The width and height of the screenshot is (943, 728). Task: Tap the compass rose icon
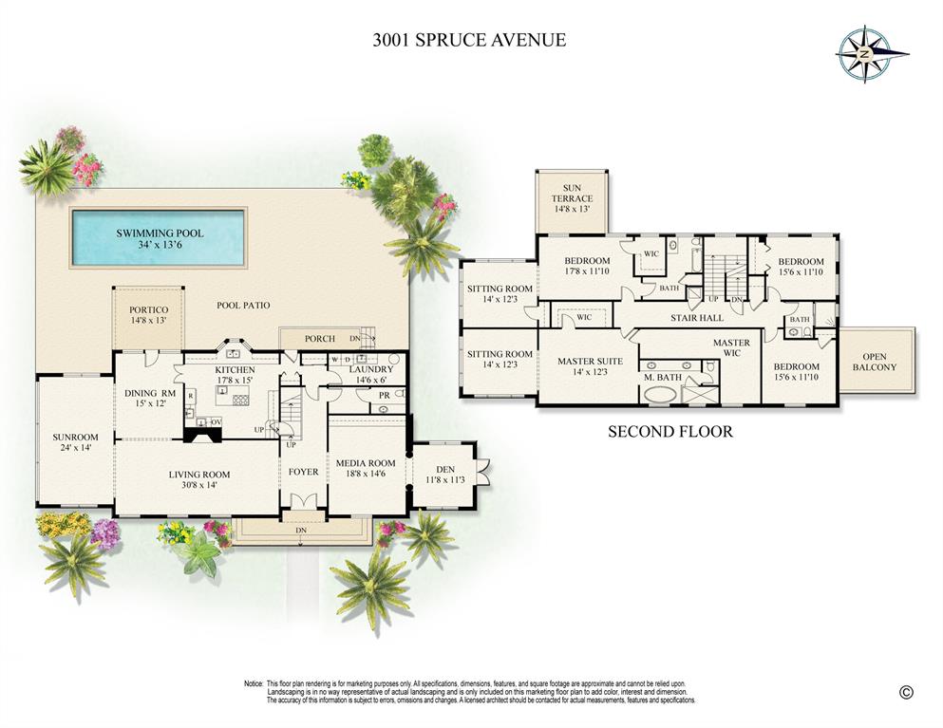tap(864, 54)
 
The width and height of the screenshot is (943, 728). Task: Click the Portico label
tap(148, 310)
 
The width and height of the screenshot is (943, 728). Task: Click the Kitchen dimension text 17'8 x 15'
tap(234, 382)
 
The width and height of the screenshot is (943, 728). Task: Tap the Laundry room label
tap(370, 369)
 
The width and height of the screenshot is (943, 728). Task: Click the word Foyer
tap(303, 470)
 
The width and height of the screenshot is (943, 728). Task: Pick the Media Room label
tap(366, 463)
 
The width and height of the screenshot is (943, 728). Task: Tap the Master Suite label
tap(590, 362)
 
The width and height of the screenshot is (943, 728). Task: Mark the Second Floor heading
tap(670, 432)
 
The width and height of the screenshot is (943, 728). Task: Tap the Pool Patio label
tap(242, 306)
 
